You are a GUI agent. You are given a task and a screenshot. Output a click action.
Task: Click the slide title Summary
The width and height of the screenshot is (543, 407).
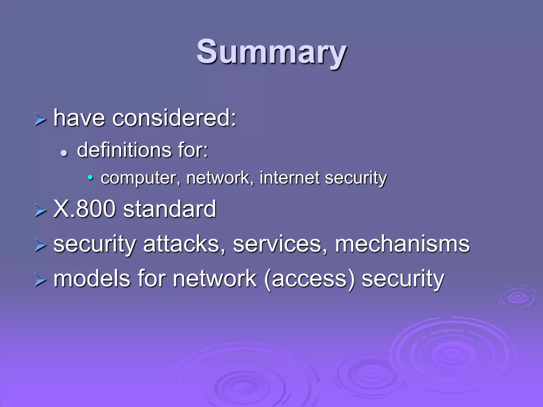[x=271, y=52]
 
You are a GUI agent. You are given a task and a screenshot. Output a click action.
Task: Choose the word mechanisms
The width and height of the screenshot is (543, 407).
[x=402, y=244]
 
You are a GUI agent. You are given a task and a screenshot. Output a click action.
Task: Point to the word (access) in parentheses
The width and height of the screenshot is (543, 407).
[x=309, y=279]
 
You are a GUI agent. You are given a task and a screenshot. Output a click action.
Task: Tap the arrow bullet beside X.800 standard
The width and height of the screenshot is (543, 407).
[x=40, y=211]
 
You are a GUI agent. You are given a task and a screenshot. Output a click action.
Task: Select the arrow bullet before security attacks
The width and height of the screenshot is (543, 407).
[x=40, y=245]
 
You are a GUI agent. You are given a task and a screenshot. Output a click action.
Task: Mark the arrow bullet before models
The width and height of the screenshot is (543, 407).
[x=40, y=280]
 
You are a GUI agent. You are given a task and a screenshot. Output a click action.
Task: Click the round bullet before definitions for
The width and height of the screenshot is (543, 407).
[x=64, y=153]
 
